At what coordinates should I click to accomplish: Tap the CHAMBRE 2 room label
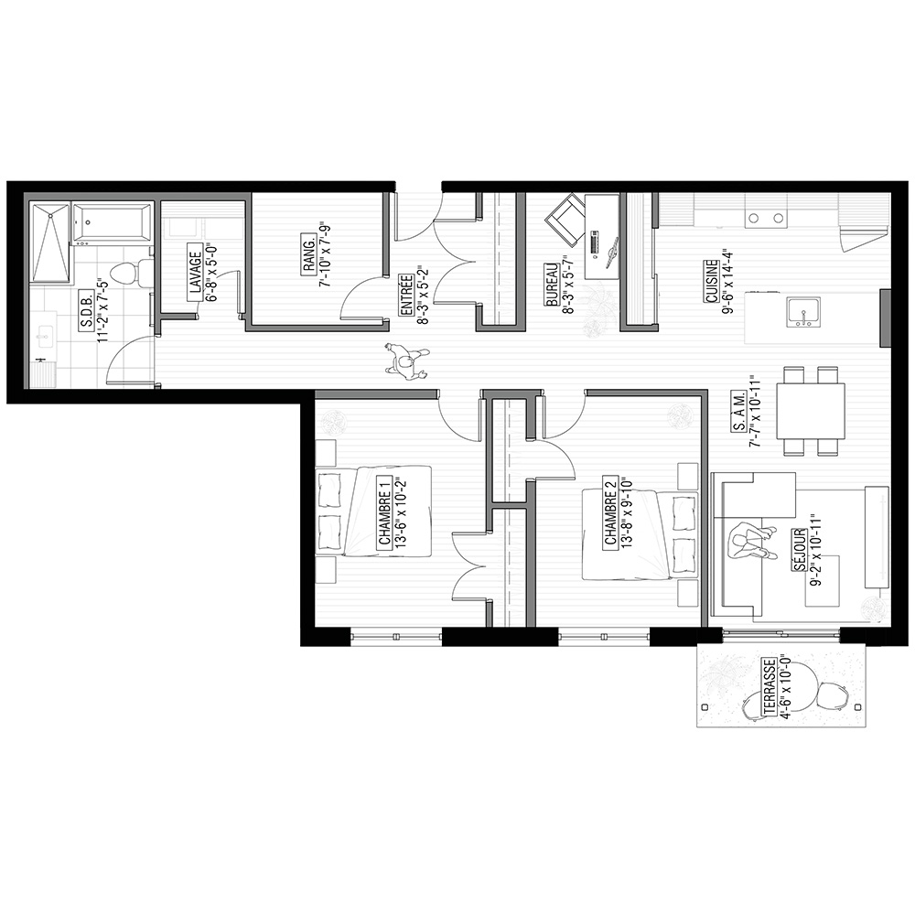point(610,511)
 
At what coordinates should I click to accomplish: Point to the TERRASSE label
point(770,687)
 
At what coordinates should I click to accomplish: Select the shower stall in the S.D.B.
point(50,242)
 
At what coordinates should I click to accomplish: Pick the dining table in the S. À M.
point(811,411)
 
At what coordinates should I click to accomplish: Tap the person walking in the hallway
point(407,361)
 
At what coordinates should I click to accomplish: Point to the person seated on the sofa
point(753,541)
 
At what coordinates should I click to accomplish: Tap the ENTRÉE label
point(407,296)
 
